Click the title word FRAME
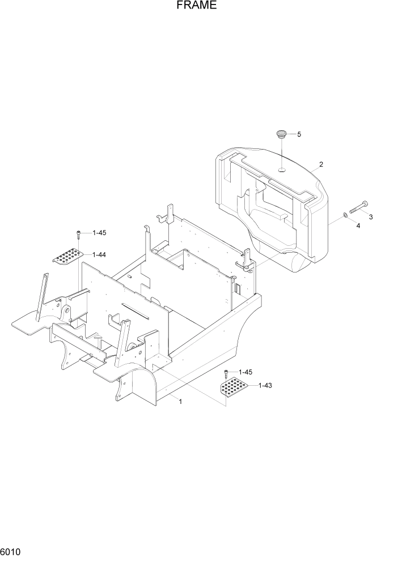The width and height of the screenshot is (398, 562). click(196, 6)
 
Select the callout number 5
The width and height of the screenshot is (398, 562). click(299, 134)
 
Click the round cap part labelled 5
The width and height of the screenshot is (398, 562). click(281, 134)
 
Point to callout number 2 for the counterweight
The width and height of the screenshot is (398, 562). click(321, 164)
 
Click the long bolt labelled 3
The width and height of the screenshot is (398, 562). click(358, 207)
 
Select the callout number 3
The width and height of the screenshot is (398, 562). click(371, 217)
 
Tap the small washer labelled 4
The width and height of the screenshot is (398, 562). click(345, 215)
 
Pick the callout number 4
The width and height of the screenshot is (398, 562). click(358, 225)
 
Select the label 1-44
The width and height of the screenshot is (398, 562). click(99, 255)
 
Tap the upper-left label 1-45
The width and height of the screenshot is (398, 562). click(99, 233)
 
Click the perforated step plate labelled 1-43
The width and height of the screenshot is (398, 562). click(233, 388)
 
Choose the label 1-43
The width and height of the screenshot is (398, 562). click(265, 386)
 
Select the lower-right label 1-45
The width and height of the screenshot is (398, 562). click(245, 372)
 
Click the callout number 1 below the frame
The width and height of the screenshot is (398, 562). click(180, 402)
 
